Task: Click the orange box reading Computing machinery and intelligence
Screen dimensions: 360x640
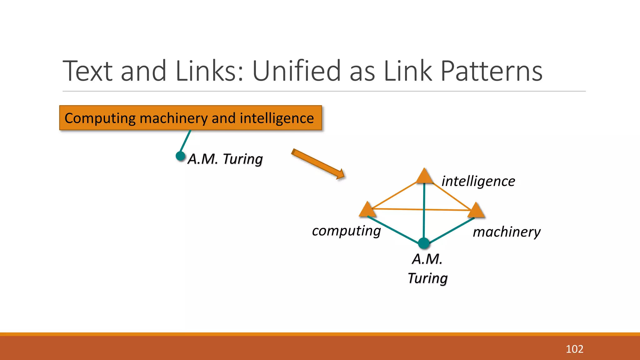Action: coord(190,118)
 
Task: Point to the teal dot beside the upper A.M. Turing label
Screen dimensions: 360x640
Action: coord(180,156)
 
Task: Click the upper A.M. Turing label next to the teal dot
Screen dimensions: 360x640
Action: coord(225,159)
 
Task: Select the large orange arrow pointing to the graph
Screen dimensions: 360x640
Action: coord(318,164)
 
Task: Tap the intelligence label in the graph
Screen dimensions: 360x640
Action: coord(478,181)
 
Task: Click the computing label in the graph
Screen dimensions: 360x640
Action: coord(346,231)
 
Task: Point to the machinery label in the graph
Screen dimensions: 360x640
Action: coord(506,232)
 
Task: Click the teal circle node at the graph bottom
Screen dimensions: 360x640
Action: coord(424,243)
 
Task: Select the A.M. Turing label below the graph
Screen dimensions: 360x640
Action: coord(427,268)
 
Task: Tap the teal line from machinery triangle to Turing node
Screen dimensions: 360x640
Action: coord(452,230)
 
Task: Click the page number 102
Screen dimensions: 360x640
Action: coord(574,349)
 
